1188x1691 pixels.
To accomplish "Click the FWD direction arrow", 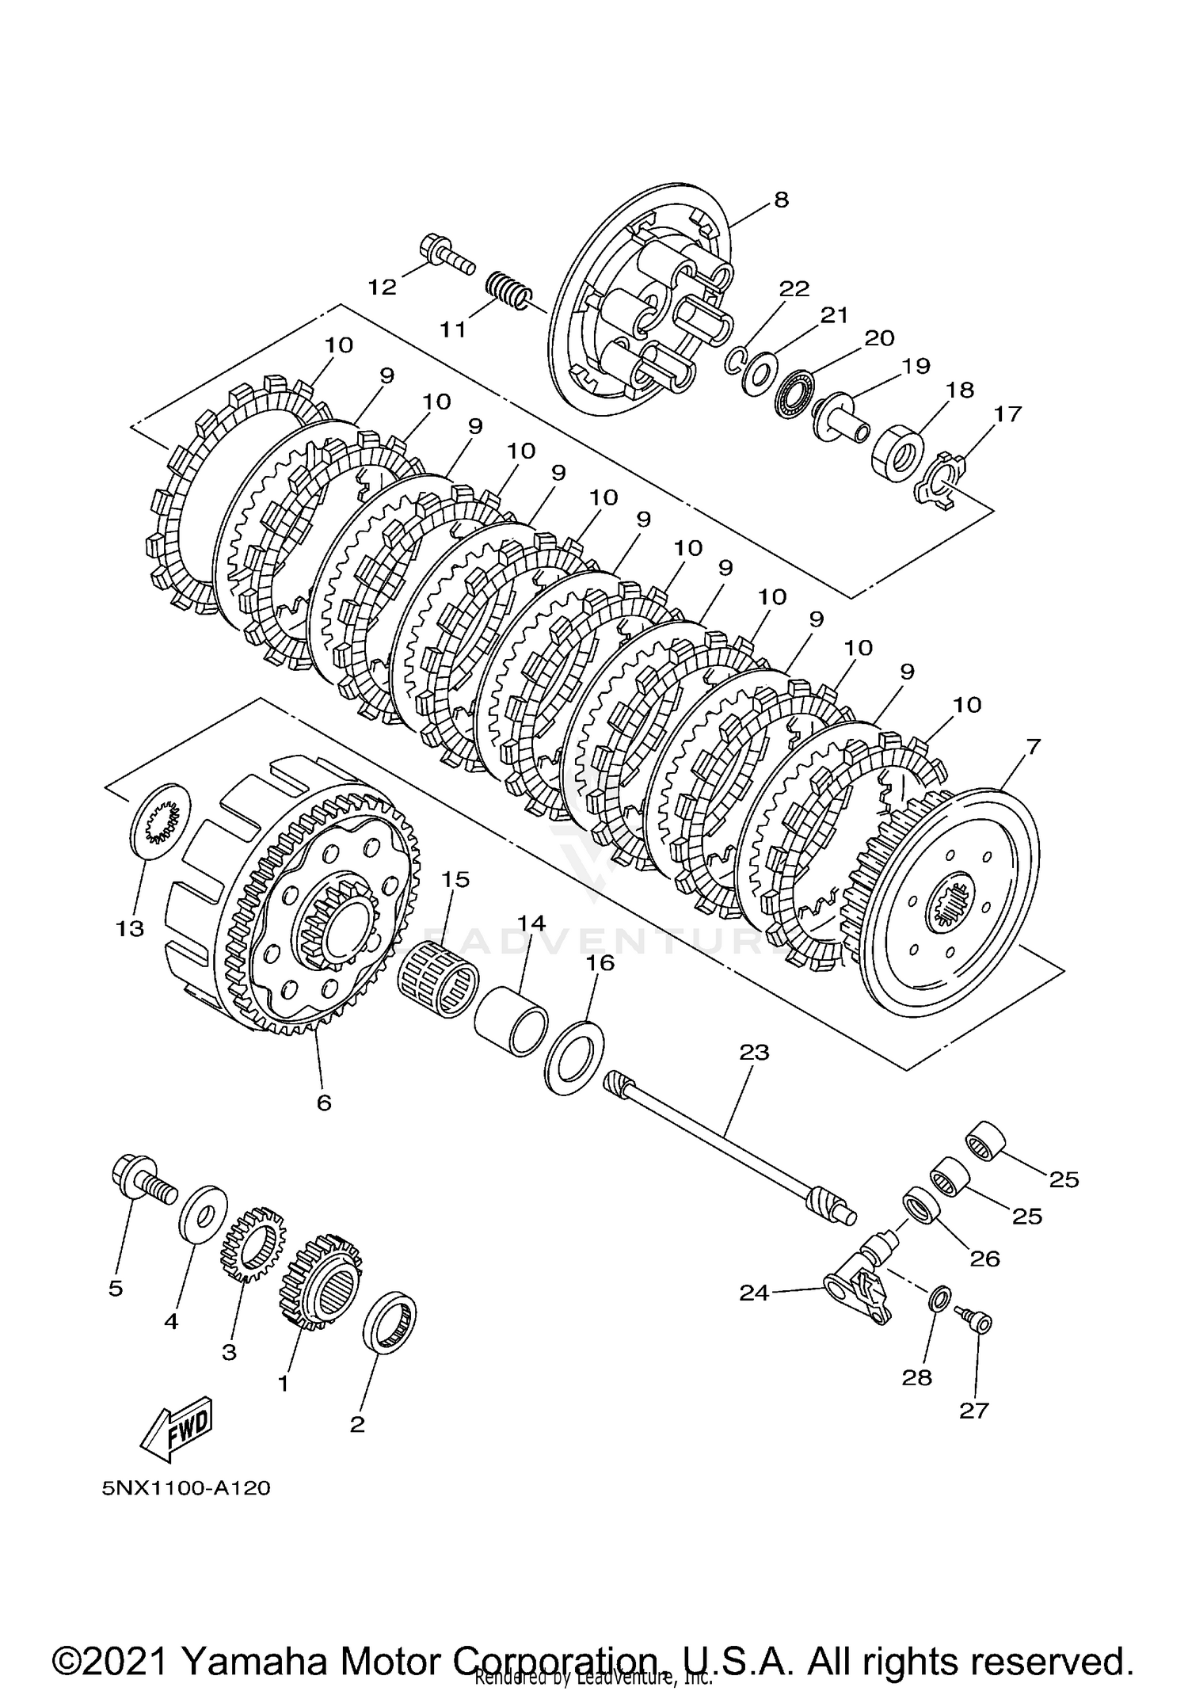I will [176, 1428].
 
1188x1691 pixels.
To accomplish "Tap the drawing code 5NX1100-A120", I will [186, 1488].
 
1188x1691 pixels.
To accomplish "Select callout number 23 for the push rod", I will [754, 1053].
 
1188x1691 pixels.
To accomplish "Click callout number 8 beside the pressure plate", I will [781, 200].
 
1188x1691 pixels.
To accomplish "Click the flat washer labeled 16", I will [575, 1057].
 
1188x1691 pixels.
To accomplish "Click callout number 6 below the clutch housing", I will [324, 1103].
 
